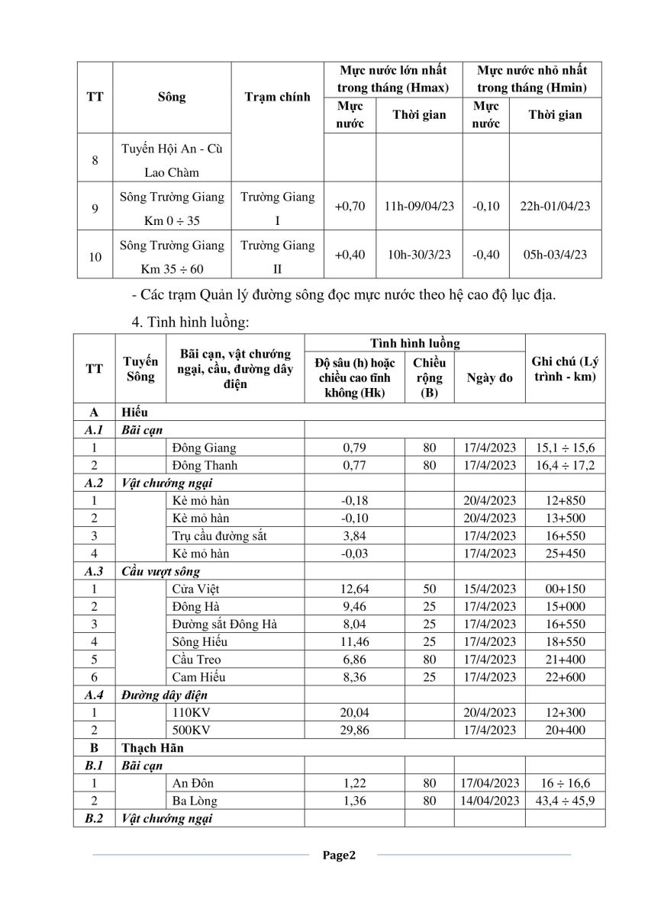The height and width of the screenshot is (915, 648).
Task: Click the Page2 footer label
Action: point(339,855)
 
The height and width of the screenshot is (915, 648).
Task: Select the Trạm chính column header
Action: point(277,97)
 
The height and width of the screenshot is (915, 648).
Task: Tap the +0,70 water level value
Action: point(350,206)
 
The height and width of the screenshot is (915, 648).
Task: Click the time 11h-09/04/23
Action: point(419,206)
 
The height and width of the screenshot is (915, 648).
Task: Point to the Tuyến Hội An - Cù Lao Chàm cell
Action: point(172,159)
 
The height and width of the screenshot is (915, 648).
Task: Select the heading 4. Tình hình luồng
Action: point(190,323)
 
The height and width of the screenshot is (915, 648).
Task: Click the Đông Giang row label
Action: point(205,448)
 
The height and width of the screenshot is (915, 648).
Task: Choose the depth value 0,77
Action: point(354,465)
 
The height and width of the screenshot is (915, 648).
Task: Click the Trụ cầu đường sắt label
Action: point(220,535)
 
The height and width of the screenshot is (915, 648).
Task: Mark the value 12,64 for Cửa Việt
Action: point(354,589)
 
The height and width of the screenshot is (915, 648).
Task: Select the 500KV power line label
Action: point(192,730)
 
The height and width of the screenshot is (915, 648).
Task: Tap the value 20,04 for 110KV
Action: point(354,712)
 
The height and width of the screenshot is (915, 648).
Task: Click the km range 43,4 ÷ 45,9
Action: point(565,801)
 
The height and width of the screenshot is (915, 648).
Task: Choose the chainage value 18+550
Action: point(565,641)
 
